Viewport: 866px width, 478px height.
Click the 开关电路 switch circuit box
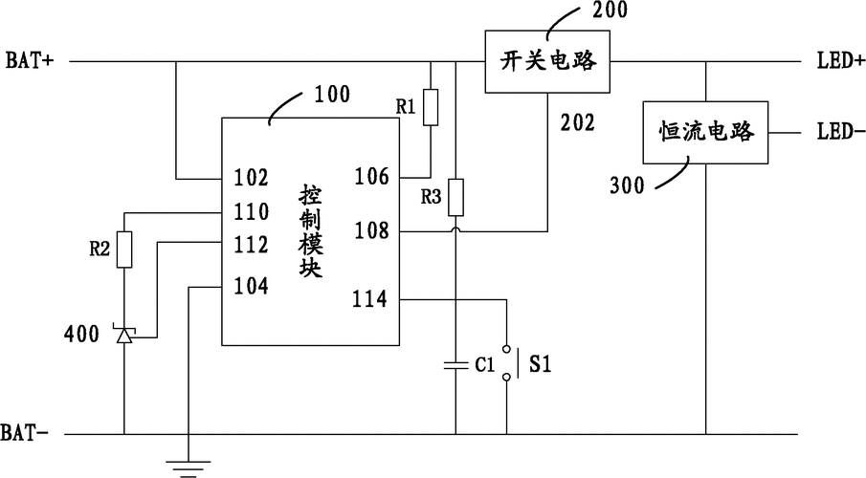[x=548, y=62]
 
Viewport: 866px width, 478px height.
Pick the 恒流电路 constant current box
[x=707, y=131]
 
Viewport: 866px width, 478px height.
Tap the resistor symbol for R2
[x=124, y=249]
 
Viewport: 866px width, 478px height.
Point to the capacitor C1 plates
[x=456, y=363]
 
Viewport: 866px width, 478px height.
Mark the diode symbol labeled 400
[x=124, y=334]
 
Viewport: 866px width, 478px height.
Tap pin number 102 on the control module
[x=251, y=177]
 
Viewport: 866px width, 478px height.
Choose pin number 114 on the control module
[x=369, y=299]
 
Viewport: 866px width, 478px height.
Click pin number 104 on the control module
[x=251, y=284]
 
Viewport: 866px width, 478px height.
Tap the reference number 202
[x=576, y=123]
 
